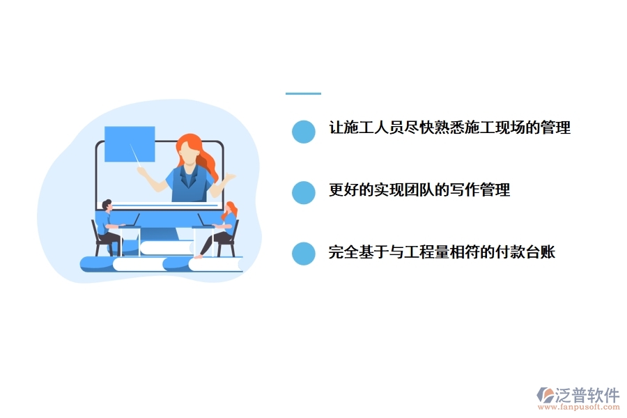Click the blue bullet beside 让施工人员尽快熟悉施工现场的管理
tap(303, 131)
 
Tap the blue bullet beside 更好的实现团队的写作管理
tap(303, 192)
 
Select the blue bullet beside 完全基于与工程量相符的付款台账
tap(303, 254)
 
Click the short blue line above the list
tap(303, 93)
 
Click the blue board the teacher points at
tap(130, 144)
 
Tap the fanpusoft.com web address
tap(583, 409)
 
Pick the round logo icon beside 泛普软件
tap(545, 395)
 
